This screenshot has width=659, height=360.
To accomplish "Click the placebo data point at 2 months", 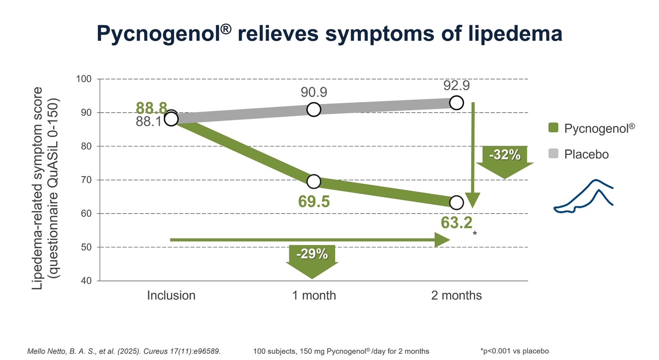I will coord(456,102).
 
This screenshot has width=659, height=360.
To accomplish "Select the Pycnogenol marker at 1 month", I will coord(314,181).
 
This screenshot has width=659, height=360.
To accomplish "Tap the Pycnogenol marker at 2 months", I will coord(456,202).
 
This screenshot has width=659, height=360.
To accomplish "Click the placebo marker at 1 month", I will coord(314,110).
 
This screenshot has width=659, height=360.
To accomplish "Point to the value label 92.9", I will coord(456,85).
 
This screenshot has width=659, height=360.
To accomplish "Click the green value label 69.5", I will coord(314,201).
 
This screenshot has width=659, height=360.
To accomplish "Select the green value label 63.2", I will coord(457,223).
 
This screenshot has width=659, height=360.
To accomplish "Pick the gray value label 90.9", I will coord(314,93).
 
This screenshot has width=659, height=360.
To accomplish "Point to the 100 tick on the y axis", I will coord(83,79).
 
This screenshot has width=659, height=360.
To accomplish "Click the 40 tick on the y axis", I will coord(85,281).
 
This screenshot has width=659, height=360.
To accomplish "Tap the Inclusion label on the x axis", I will coord(171,296).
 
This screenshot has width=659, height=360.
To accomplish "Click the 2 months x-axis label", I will coord(457,296).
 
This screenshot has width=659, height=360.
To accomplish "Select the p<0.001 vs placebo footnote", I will coord(514,351).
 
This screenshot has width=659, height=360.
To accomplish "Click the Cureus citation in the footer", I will coord(124,351).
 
